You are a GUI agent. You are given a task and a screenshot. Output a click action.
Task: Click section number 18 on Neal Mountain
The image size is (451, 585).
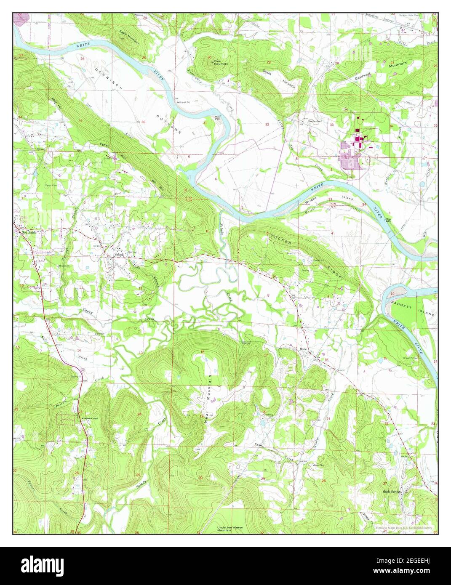(x=203, y=352)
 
